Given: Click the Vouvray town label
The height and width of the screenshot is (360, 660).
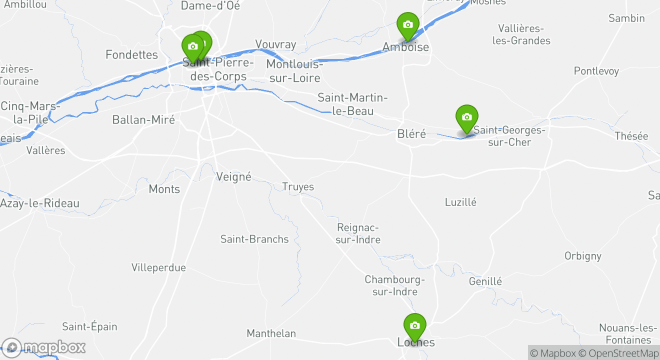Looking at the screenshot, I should point(275,44).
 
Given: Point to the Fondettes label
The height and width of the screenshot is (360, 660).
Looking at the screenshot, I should point(131,54).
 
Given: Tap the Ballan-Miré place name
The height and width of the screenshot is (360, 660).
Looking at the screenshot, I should point(143,120).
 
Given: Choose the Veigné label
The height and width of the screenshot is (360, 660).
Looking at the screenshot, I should point(233,177).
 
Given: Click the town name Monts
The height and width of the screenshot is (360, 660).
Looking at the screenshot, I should point(164,189).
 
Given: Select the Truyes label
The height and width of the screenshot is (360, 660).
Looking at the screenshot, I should point(298,187).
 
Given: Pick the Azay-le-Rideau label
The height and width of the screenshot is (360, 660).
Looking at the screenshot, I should point(39,203).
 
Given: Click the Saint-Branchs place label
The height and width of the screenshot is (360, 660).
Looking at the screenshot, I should point(254,239).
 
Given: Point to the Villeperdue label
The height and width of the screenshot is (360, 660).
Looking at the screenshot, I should point(158,267).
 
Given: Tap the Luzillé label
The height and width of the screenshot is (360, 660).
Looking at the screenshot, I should point(460,202).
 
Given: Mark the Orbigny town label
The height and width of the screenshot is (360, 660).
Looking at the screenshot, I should point(582,256).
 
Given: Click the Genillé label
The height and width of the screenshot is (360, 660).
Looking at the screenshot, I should point(485,281).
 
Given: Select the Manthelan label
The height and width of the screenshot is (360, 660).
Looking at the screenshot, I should point(271,333).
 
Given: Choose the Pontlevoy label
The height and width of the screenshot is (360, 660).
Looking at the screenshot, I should point(596,71).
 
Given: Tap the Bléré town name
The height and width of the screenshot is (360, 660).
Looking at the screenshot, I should point(411,134).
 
